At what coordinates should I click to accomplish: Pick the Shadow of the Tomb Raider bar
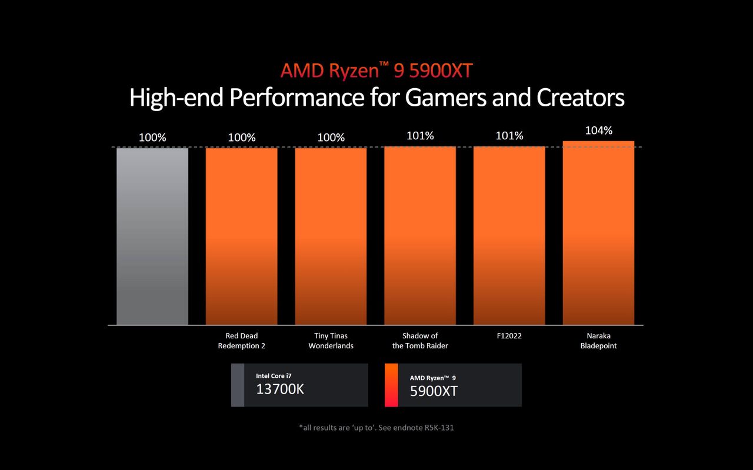(420, 235)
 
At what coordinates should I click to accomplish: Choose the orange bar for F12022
(509, 235)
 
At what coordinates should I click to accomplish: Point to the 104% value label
(598, 130)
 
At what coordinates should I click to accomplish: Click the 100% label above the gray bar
(152, 137)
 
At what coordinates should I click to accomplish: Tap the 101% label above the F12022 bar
(509, 136)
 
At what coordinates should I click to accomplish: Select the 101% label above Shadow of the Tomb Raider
(420, 136)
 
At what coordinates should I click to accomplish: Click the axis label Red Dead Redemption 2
(241, 341)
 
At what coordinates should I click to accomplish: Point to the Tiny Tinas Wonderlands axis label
(331, 341)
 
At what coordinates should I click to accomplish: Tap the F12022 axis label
(509, 336)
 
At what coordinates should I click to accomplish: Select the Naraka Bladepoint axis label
(598, 341)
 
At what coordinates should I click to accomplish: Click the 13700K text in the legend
(280, 389)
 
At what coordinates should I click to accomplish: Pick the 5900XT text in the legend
(434, 391)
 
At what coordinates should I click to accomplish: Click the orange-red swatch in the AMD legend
(391, 385)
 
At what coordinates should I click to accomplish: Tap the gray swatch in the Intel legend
(237, 385)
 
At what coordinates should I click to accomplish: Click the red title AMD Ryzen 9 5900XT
(376, 70)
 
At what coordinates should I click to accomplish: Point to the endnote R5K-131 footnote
(376, 428)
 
